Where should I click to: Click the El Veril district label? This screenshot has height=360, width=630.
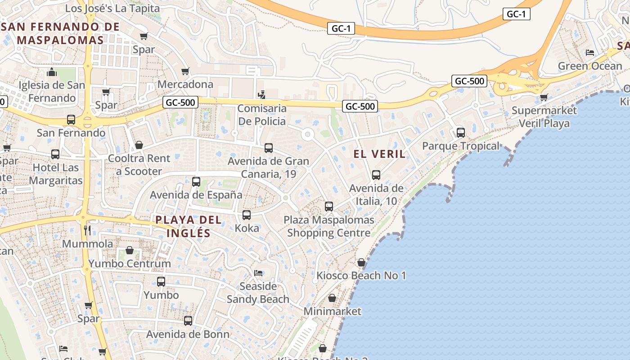[379, 154]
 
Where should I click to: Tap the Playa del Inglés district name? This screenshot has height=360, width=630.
[189, 226]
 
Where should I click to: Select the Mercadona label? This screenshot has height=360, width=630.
[185, 84]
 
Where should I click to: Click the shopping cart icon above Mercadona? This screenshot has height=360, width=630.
[185, 71]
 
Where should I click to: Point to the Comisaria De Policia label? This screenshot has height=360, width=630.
[261, 115]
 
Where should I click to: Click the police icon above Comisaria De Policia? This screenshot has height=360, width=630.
[261, 94]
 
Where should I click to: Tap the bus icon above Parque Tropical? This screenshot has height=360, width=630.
[460, 132]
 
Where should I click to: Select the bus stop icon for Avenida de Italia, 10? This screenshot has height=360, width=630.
[376, 175]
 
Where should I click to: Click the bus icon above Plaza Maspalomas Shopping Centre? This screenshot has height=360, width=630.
[329, 207]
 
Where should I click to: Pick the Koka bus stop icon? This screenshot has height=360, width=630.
[247, 215]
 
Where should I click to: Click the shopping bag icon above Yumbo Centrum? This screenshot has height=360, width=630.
[130, 250]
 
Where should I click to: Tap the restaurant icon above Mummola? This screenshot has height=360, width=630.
[88, 230]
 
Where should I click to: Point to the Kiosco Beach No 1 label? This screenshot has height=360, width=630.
[361, 275]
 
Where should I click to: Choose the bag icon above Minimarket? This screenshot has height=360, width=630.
[332, 298]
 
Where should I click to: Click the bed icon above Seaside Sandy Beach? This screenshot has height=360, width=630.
[258, 273]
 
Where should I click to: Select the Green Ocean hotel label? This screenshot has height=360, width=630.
[589, 66]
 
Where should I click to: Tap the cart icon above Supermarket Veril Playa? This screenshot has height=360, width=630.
[544, 97]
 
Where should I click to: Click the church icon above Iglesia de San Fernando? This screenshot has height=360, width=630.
[52, 72]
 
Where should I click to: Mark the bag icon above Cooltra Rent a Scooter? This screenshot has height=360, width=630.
[139, 145]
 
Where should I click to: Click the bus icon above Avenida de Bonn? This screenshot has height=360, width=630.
[188, 321]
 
